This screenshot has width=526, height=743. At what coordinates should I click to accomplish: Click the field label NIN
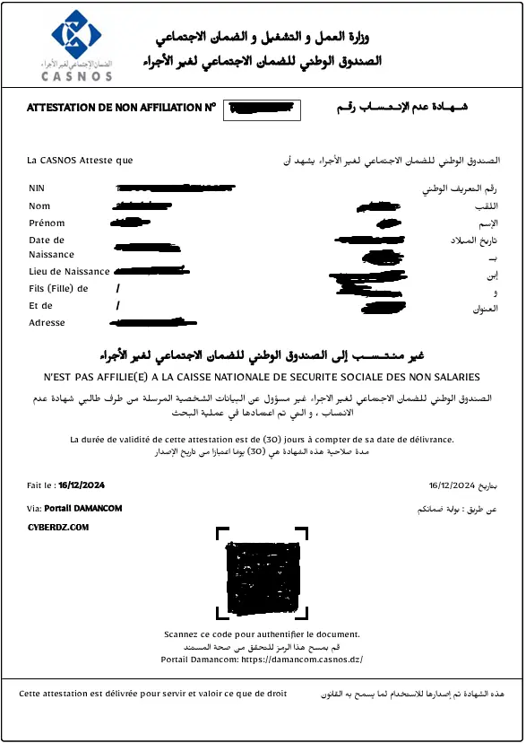36,188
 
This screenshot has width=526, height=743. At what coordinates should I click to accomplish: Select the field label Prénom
47,223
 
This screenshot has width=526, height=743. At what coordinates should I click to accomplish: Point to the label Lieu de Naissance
69,271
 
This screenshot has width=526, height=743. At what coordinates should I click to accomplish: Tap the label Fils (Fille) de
58,289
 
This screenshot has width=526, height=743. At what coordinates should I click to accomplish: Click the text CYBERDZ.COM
58,528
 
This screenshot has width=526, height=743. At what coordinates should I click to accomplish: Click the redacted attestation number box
261,109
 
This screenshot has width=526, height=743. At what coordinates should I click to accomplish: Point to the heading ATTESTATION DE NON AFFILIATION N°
122,108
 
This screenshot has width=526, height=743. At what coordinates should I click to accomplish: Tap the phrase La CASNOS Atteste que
81,161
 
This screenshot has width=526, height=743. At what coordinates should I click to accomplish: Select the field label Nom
39,206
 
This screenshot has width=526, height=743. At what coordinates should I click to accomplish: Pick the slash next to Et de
117,306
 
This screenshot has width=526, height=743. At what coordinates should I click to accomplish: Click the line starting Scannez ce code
262,634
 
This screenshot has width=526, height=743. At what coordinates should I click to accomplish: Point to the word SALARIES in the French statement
454,377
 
